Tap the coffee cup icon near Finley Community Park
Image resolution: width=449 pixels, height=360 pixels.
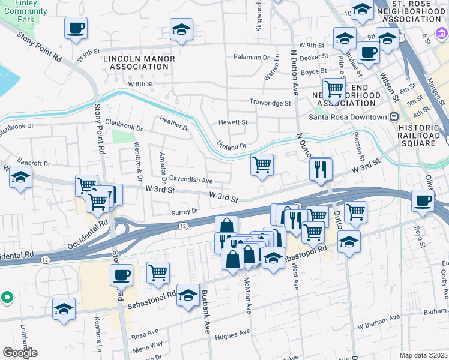pos(76,28)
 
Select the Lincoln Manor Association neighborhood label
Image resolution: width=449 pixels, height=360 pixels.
pos(139,62)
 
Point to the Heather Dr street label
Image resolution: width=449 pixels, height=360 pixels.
pos(174,124)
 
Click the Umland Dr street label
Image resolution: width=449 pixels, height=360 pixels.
pos(232,146)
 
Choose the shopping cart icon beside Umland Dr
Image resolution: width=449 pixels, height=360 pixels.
pos(262,164)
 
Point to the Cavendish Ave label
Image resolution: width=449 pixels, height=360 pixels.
pos(191,179)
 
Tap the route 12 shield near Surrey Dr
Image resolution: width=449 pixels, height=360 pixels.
pos(182,226)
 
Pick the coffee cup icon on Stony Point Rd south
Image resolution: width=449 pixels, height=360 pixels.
pos(122,275)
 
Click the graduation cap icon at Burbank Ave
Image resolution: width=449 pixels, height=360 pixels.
pos(188,295)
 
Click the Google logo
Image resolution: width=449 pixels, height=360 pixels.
pos(20,353)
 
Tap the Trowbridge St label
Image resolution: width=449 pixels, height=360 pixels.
pos(270,103)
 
